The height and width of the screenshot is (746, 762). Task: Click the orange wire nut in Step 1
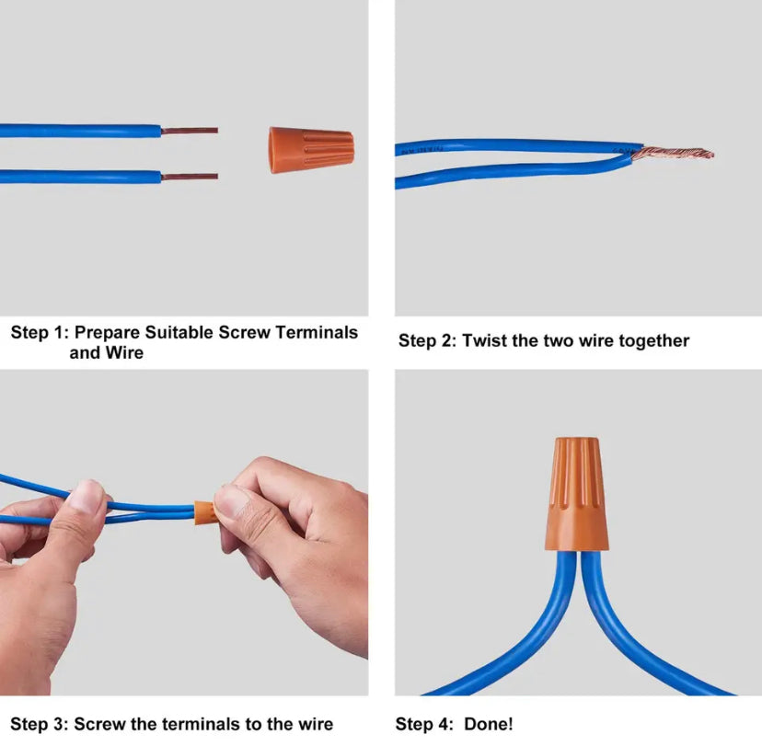coord(311,150)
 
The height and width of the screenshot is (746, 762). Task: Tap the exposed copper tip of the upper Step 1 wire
coord(190,131)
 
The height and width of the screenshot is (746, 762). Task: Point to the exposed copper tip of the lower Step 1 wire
coord(190,177)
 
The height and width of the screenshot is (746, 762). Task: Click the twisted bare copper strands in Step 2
coord(673,155)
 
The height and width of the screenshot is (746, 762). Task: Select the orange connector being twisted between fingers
coord(204,513)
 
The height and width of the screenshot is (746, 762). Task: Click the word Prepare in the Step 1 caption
coord(107,333)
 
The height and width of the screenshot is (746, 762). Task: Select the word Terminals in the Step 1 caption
coord(317,332)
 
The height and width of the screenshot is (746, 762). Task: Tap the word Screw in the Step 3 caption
coord(99,724)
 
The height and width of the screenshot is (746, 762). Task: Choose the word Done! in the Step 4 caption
coord(489,724)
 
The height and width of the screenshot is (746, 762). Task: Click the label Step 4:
coord(424,724)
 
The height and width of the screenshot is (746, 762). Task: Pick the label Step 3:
coord(39,724)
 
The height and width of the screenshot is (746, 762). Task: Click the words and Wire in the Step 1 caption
coord(107,352)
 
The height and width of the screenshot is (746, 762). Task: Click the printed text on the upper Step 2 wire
coord(421,150)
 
